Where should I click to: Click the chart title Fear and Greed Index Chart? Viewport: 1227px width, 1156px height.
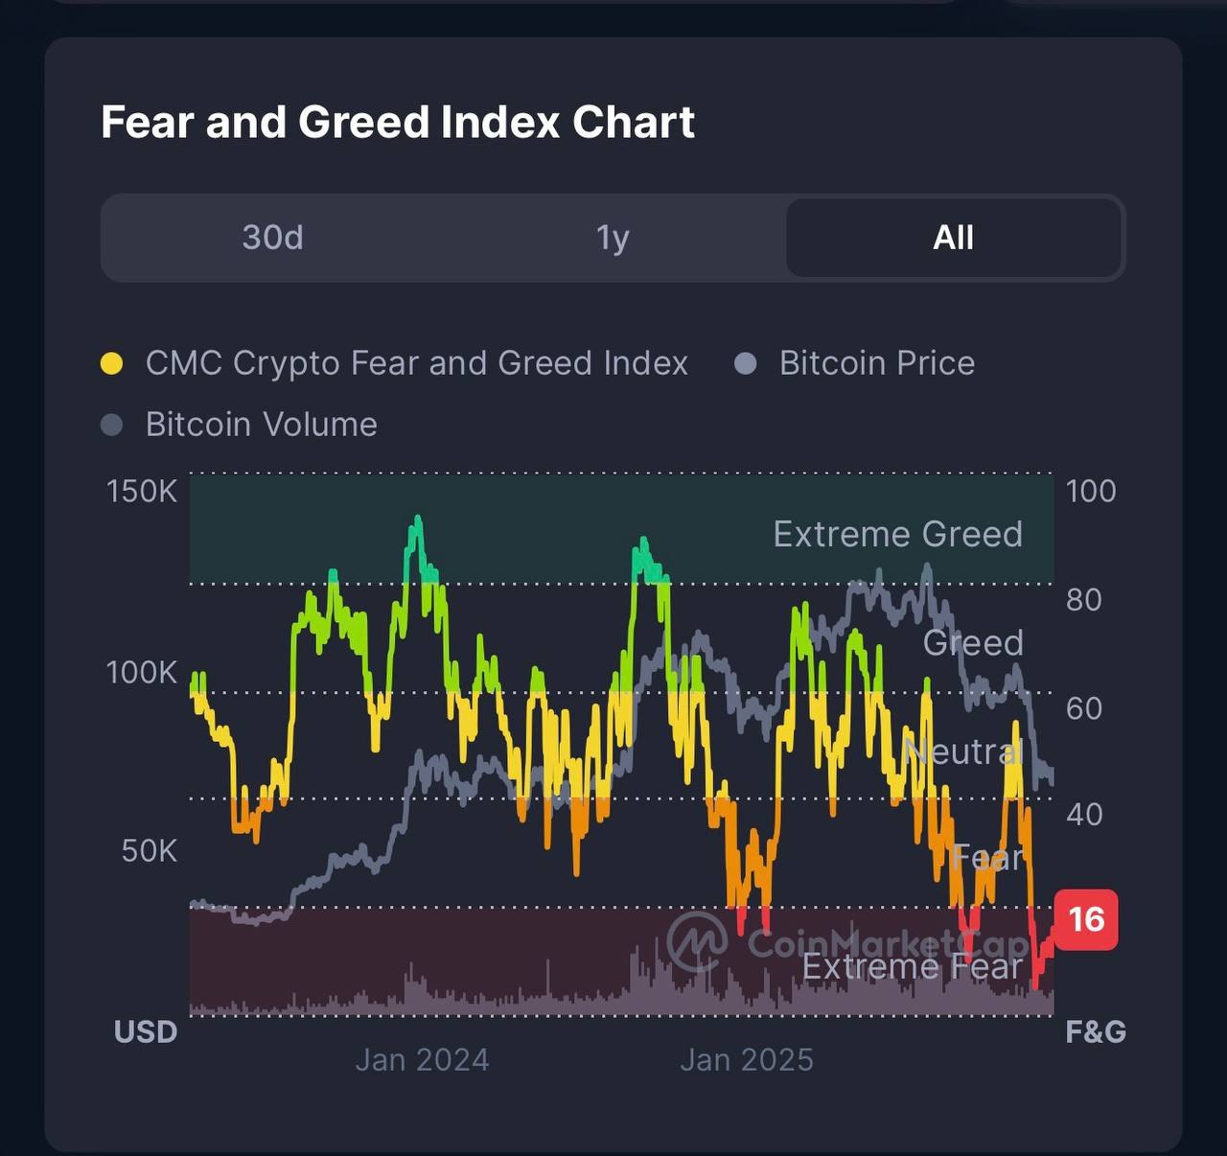pyautogui.click(x=398, y=123)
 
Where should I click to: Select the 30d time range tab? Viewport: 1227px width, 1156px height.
pyautogui.click(x=272, y=237)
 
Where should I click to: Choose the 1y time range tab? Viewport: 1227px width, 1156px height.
pyautogui.click(x=613, y=237)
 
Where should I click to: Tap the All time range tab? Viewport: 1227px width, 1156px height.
pyautogui.click(x=953, y=237)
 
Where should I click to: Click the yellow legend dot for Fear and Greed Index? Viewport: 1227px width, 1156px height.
pyautogui.click(x=112, y=363)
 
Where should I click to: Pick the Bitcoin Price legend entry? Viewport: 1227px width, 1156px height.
pyautogui.click(x=876, y=363)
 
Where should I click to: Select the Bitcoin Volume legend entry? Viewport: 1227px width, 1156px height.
pyautogui.click(x=261, y=425)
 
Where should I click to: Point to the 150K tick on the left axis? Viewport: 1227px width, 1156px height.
pyautogui.click(x=142, y=491)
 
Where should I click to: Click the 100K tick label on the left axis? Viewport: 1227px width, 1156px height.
pyautogui.click(x=142, y=672)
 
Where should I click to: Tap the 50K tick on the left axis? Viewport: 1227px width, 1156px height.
pyautogui.click(x=150, y=850)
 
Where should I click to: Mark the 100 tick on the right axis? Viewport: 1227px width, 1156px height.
pyautogui.click(x=1091, y=491)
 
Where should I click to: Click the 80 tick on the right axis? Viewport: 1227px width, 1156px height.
pyautogui.click(x=1083, y=600)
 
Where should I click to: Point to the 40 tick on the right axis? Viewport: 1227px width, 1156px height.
pyautogui.click(x=1083, y=815)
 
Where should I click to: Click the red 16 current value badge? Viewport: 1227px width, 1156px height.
pyautogui.click(x=1086, y=919)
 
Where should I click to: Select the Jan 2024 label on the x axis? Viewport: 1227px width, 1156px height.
pyautogui.click(x=422, y=1059)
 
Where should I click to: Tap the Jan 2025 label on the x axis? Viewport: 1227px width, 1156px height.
pyautogui.click(x=747, y=1059)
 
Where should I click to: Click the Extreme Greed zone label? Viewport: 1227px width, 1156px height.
pyautogui.click(x=897, y=534)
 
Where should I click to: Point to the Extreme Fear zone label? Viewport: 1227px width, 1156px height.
pyautogui.click(x=912, y=967)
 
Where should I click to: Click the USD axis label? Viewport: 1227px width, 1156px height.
pyautogui.click(x=146, y=1031)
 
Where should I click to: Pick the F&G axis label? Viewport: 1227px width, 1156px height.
pyautogui.click(x=1096, y=1031)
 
